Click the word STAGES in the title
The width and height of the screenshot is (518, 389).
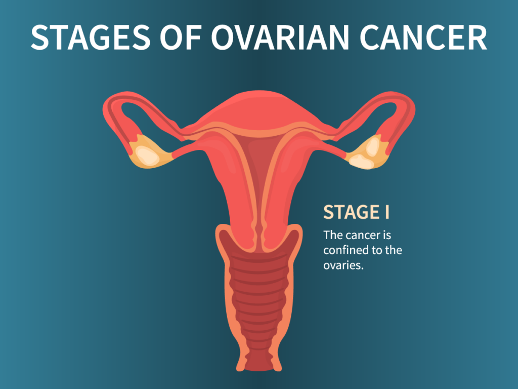click(91, 37)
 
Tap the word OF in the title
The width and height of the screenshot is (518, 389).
click(181, 37)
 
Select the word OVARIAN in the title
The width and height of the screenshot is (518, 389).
click(280, 37)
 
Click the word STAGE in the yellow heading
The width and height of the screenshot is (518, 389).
click(351, 212)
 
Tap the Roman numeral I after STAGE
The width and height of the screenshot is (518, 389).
click(387, 212)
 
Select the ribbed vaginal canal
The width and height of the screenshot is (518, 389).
click(259, 298)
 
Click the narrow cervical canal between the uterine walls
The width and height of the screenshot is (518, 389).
click(259, 228)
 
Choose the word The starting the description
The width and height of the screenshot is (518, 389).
click(333, 235)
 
